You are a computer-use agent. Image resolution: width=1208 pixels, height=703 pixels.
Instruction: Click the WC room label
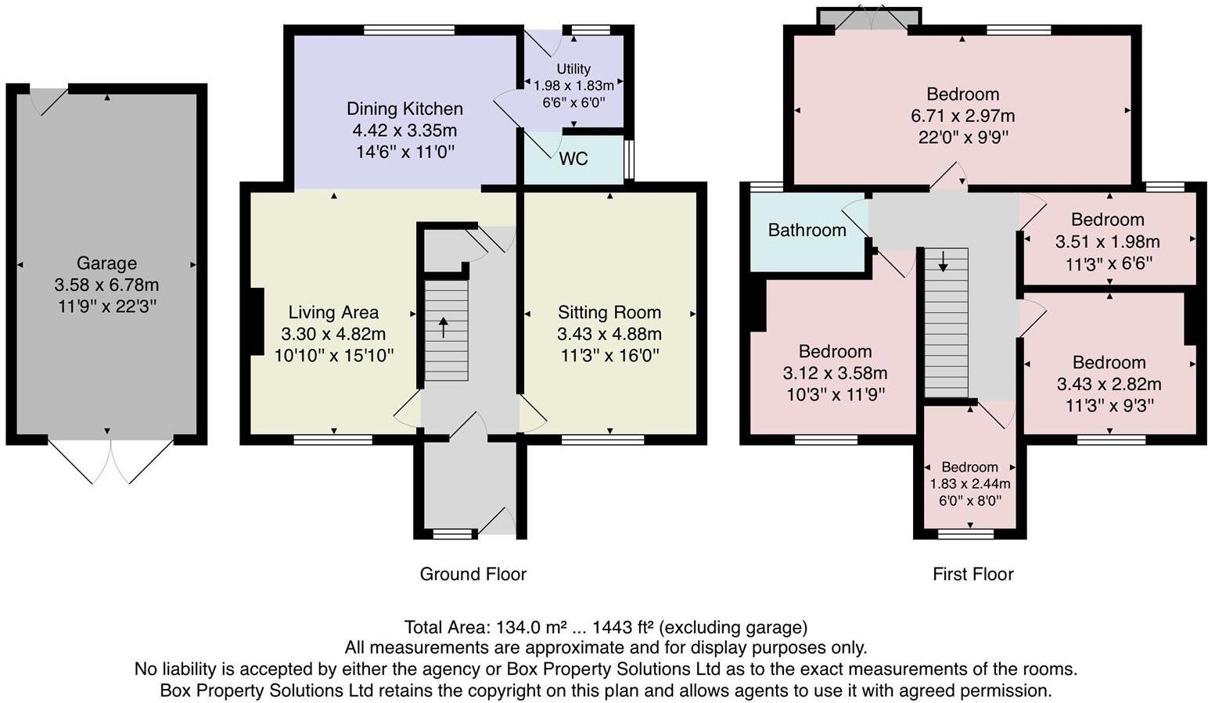pos(573,159)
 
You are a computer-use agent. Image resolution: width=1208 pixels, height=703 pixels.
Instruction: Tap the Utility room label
pos(573,69)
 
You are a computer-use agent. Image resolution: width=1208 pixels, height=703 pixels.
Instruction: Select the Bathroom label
pos(807,230)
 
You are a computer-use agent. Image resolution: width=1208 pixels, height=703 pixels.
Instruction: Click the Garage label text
pos(106,263)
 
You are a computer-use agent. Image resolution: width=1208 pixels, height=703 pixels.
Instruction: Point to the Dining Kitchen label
pos(404,109)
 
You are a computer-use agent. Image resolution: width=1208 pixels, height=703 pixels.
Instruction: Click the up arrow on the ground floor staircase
pos(444,328)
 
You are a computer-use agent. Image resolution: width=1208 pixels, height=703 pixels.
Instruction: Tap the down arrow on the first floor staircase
pos(943,261)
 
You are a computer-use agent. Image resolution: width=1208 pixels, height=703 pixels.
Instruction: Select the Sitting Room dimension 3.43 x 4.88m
pos(609,334)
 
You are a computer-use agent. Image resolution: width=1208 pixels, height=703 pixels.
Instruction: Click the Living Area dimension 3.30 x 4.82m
pos(333,334)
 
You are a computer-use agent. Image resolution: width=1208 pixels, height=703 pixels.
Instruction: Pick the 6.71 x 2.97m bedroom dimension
pos(963,116)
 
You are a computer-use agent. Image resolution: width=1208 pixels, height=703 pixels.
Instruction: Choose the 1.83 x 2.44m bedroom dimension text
pos(969,484)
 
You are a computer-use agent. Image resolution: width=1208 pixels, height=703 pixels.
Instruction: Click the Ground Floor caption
pos(473,574)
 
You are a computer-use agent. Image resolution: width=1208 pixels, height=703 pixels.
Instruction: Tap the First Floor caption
pos(973,574)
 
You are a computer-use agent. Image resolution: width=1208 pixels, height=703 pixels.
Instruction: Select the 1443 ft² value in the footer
pos(624,627)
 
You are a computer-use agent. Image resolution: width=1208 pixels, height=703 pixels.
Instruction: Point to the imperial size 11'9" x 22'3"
pos(106,307)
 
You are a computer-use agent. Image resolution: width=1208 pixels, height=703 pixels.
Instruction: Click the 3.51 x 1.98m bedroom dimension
pos(1108,242)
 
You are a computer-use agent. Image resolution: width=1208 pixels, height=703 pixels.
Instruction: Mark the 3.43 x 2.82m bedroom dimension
pos(1109,385)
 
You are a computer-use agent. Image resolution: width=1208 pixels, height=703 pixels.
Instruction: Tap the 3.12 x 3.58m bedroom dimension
pos(835,373)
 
